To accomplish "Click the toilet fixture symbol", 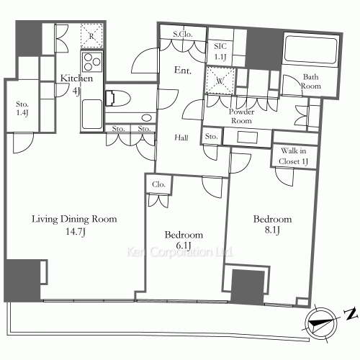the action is (118, 98).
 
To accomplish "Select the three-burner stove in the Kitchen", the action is (92, 62).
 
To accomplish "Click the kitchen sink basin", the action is (92, 114).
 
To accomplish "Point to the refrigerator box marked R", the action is (91, 35).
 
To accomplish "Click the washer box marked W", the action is (220, 80).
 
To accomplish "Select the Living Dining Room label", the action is (74, 219).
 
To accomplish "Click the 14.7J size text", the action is (76, 232).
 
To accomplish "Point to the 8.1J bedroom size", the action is (272, 230).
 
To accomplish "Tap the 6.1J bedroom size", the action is (184, 246).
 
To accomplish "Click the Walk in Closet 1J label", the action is (293, 156).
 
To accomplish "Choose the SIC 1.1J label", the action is (220, 51).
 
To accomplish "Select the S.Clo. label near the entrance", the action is (183, 34).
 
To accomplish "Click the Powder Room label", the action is (241, 116).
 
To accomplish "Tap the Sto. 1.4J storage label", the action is (22, 109).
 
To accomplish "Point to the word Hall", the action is (181, 138).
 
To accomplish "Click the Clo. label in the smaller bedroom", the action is (158, 184).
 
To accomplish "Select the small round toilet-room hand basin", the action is (146, 117).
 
